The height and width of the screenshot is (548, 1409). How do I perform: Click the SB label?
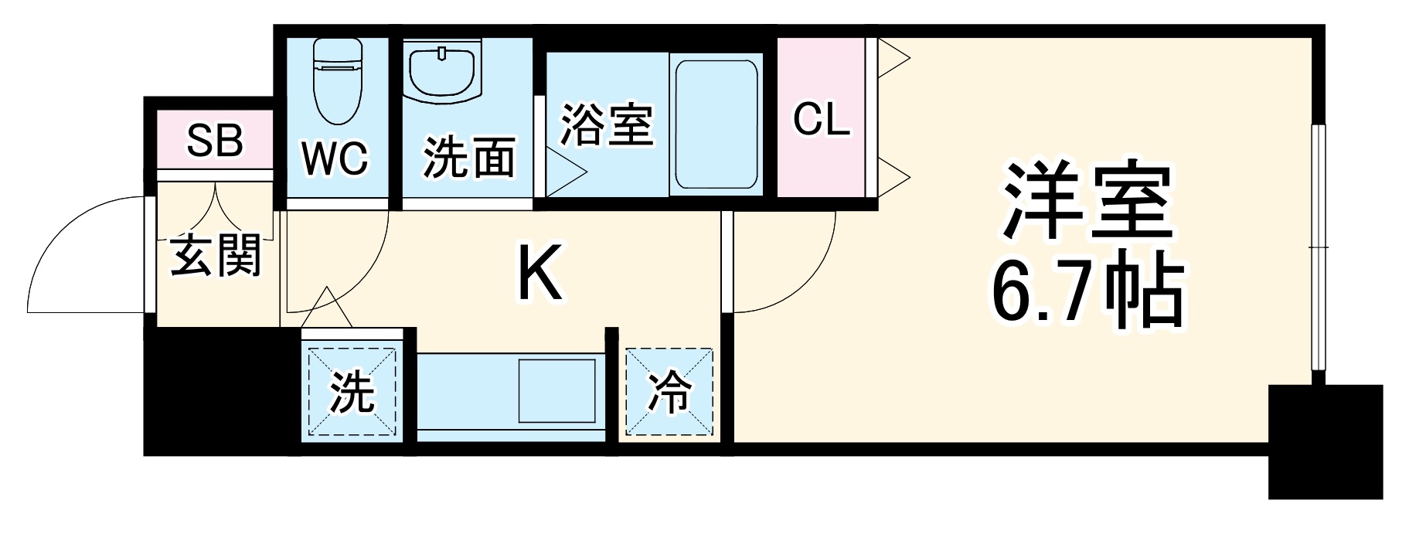215,141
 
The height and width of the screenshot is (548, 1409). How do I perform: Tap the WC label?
335,159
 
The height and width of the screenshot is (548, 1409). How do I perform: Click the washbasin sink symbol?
442,73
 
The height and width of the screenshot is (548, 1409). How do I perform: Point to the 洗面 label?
468,159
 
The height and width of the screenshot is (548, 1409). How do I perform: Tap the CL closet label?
821,120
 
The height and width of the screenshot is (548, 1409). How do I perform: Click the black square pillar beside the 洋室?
1325,441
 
